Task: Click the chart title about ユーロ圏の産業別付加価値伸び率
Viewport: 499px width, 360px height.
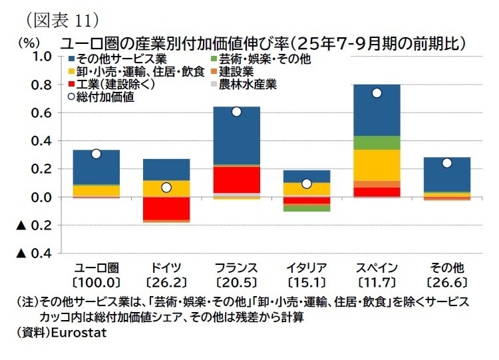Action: point(263,44)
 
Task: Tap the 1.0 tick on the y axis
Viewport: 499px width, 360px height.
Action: point(42,57)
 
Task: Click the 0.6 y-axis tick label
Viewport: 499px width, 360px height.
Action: point(42,113)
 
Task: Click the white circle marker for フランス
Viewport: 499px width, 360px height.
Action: point(236,112)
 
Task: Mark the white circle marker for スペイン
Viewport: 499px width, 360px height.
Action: point(377,93)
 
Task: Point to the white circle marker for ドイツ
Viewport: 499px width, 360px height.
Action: point(166,188)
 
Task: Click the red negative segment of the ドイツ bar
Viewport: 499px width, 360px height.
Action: point(166,208)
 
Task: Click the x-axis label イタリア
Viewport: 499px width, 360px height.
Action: point(306,268)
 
